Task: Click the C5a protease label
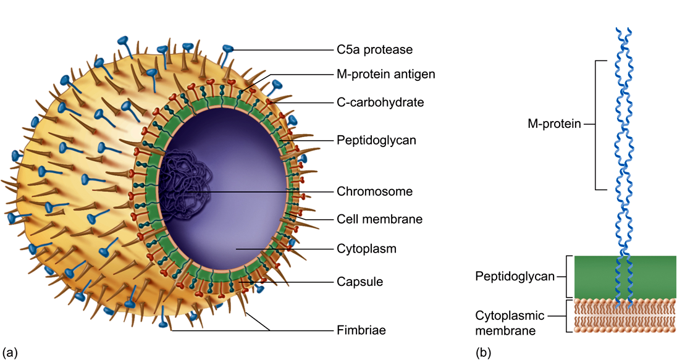pyautogui.click(x=375, y=49)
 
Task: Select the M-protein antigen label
pyautogui.click(x=386, y=74)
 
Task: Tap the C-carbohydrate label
pyautogui.click(x=381, y=103)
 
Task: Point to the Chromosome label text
pyautogui.click(x=375, y=191)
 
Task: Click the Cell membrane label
pyautogui.click(x=379, y=219)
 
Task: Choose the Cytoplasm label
pyautogui.click(x=366, y=249)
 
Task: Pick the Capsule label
pyautogui.click(x=360, y=282)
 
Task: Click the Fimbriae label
pyautogui.click(x=361, y=330)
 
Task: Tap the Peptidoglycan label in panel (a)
pyautogui.click(x=377, y=140)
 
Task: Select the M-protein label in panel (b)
pyautogui.click(x=554, y=124)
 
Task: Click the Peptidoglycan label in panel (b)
pyautogui.click(x=515, y=276)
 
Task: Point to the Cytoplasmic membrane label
pyautogui.click(x=510, y=323)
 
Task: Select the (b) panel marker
pyautogui.click(x=483, y=352)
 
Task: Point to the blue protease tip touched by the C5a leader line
pyautogui.click(x=228, y=49)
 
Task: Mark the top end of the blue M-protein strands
pyautogui.click(x=623, y=30)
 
